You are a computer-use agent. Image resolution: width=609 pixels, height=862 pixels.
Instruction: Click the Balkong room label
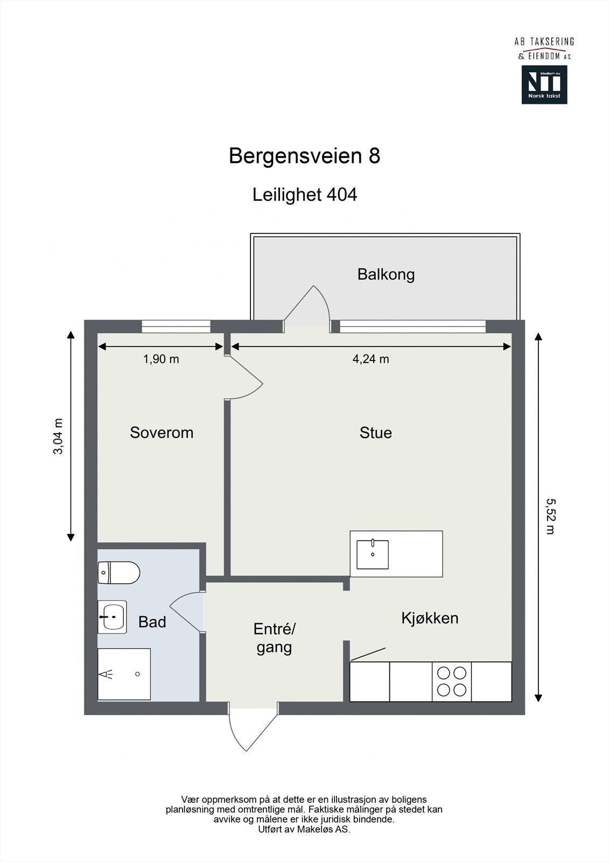(386, 275)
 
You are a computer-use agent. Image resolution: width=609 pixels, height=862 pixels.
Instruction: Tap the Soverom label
(162, 433)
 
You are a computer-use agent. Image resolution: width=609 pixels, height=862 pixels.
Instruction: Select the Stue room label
(375, 433)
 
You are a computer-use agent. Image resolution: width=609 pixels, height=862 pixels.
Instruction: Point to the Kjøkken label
(430, 618)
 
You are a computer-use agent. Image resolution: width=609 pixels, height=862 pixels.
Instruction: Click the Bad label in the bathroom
(152, 622)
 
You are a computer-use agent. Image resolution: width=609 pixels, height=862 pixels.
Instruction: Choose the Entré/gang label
(275, 638)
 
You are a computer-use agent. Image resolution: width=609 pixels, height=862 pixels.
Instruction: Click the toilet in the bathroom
(119, 572)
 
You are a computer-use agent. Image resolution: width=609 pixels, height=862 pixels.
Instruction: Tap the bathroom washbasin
(112, 616)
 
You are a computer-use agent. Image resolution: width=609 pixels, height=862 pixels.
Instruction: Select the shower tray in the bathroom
(124, 674)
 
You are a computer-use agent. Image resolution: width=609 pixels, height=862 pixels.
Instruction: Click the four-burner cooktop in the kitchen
(452, 682)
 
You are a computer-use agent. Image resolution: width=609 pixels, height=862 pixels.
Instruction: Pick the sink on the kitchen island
(372, 554)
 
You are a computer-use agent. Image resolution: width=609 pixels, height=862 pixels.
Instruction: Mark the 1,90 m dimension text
(160, 359)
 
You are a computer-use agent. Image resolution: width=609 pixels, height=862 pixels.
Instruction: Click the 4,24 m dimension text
(370, 359)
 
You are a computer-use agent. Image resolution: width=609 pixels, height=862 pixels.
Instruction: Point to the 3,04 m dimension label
(58, 436)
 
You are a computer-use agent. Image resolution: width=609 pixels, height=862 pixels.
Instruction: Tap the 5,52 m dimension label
(550, 516)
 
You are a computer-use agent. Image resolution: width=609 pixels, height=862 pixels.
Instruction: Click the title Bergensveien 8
(304, 156)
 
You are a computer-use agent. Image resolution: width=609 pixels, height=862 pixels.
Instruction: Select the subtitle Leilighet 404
(304, 194)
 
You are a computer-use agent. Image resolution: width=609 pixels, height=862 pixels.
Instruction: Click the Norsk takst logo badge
(544, 85)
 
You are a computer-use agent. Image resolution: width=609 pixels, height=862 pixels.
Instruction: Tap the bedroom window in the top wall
(176, 325)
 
